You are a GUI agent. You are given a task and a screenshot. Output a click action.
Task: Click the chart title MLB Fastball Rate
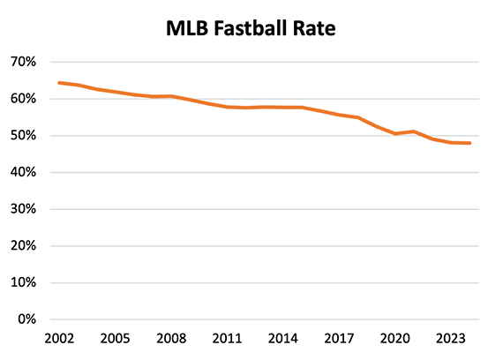point(251,28)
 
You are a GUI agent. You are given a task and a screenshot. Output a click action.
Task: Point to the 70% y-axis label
point(23,62)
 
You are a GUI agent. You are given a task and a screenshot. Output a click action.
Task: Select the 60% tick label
point(23,99)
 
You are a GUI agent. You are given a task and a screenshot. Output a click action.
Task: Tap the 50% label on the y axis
point(23,136)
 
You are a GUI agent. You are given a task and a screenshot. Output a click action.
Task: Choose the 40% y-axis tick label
point(23,172)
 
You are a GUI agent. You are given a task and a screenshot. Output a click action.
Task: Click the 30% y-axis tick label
point(23,209)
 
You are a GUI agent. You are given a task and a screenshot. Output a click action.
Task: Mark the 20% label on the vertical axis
point(23,246)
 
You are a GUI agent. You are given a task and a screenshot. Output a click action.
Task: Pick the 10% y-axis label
point(23,282)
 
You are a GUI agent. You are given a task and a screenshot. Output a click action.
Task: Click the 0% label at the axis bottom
point(26,319)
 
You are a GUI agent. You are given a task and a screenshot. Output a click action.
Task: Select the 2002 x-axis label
point(58,338)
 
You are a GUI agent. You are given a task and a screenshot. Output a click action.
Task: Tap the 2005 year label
point(114,338)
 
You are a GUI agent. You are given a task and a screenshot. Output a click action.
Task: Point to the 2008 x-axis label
point(170,338)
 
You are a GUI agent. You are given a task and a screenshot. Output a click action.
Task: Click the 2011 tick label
point(227,338)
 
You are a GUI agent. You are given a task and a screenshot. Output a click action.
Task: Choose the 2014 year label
point(282,338)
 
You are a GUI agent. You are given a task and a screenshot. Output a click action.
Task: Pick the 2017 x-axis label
point(339,338)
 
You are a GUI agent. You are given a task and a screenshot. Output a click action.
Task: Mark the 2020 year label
point(395,338)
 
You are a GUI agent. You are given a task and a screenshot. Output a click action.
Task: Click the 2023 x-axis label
point(451,338)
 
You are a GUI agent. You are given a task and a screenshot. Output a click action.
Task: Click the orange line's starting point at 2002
point(58,83)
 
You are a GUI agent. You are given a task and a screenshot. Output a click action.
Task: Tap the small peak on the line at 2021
point(414,131)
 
